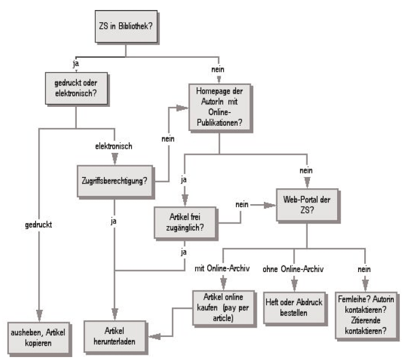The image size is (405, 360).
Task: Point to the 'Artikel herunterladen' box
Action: (x=116, y=337)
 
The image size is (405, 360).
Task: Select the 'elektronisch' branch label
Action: (x=114, y=145)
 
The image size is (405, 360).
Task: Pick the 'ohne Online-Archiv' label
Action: (x=294, y=268)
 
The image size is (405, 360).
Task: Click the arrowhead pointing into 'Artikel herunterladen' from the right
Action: (x=152, y=337)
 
